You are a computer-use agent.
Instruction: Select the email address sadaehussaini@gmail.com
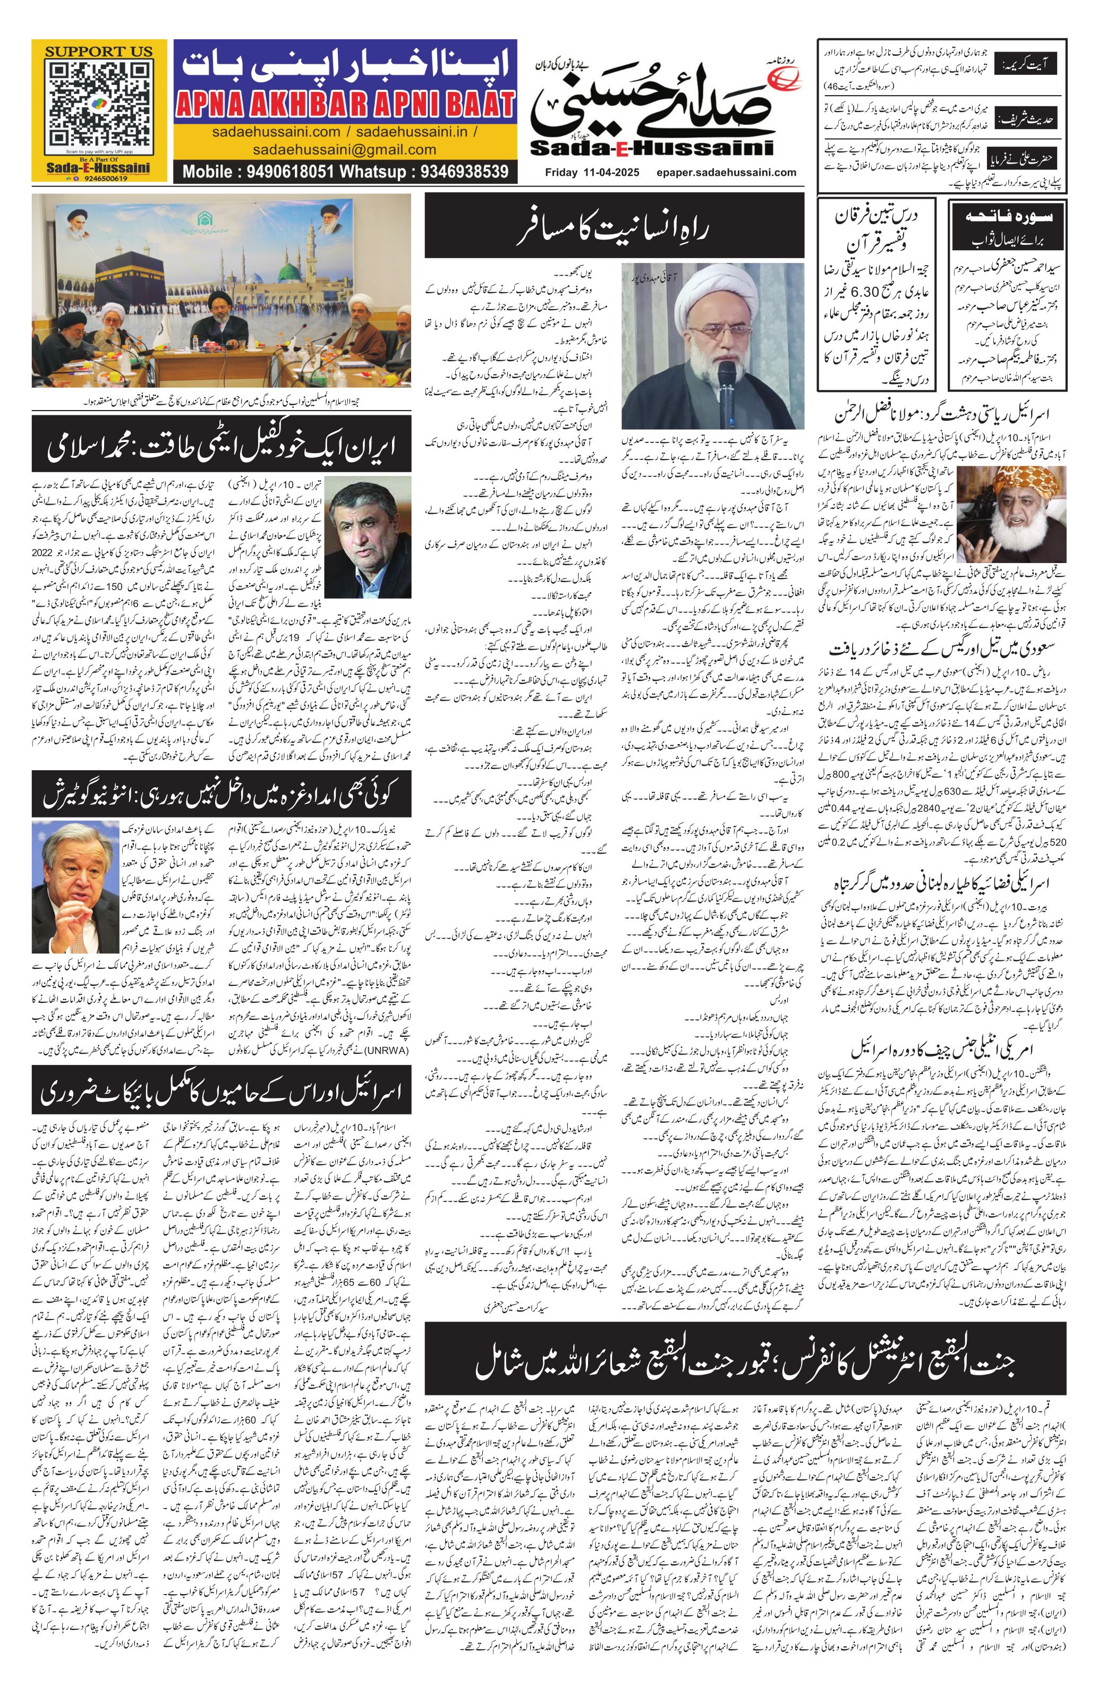344,149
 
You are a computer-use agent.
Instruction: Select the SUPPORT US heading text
98,51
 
